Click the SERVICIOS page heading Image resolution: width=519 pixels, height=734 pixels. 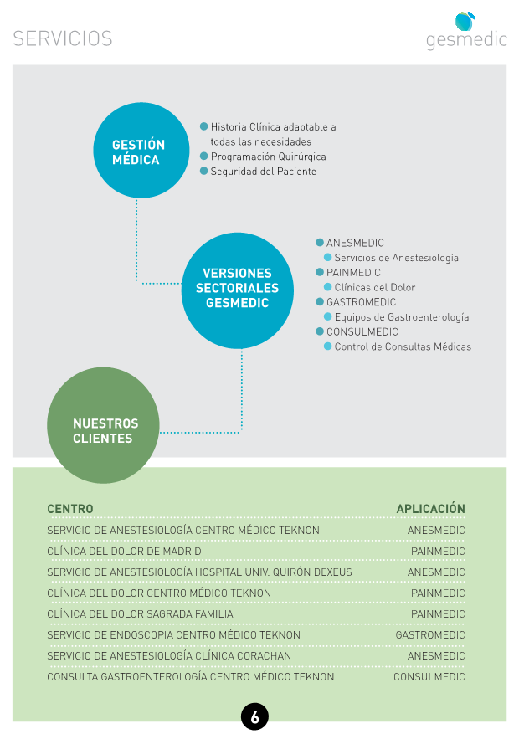[x=63, y=38]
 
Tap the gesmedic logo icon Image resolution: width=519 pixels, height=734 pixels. [x=465, y=21]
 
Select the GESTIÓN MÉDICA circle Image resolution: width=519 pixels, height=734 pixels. [x=141, y=151]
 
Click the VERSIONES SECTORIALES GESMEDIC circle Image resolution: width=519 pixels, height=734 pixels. [x=237, y=290]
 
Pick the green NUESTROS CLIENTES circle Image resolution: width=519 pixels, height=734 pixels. [x=104, y=425]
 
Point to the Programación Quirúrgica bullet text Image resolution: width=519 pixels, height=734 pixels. [x=268, y=157]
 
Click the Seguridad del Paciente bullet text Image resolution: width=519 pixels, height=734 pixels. [x=264, y=172]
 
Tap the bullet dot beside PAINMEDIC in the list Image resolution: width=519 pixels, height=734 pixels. [x=320, y=272]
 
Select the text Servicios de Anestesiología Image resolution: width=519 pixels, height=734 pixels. [x=397, y=258]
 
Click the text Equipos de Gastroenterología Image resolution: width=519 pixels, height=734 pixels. [x=402, y=317]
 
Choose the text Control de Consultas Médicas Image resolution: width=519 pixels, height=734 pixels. [x=403, y=346]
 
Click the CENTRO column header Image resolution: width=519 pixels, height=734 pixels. [x=70, y=509]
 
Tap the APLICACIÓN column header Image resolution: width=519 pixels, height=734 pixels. [x=430, y=508]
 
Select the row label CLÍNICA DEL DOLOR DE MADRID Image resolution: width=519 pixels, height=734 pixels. [x=124, y=551]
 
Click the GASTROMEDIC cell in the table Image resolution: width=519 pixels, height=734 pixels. [x=430, y=634]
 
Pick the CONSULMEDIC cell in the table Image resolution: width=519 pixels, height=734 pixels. [x=429, y=676]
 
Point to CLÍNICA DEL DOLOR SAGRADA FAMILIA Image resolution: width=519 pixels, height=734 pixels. [x=140, y=613]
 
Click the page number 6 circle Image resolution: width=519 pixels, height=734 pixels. [x=254, y=716]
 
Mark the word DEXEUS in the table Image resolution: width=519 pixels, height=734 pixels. [x=333, y=572]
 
